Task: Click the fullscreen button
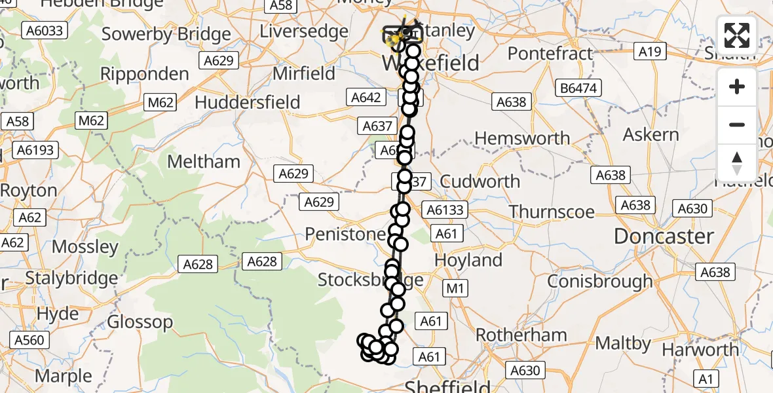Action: (x=737, y=35)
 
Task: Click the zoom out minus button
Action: (x=737, y=124)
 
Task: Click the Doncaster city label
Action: (x=664, y=236)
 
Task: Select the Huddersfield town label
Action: (x=248, y=102)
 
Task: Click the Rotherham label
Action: (x=521, y=335)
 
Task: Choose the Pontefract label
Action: (x=550, y=53)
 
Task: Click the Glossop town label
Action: (x=140, y=322)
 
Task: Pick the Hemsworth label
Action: (x=522, y=138)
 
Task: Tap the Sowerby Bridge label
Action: (x=166, y=34)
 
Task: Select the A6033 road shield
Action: (x=45, y=30)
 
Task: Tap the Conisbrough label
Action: (x=600, y=281)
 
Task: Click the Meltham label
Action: (x=204, y=161)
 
